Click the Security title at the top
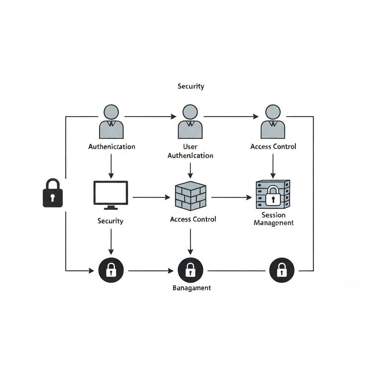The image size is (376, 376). pos(191,86)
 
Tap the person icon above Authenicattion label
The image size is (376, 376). pos(111,122)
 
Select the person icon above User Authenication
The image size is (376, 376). pos(190,122)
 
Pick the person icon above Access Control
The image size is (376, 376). pos(273,122)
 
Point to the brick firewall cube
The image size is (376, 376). pos(190,196)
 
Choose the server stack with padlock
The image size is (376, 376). pos(273,194)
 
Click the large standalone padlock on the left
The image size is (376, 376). pos(53,193)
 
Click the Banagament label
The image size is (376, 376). pos(192,288)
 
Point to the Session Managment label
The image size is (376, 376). pos(274,219)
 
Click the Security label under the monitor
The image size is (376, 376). pos(111,221)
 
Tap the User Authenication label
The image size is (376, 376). pos(190,151)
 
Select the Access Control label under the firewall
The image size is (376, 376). pos(193,219)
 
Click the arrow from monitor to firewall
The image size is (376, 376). pos(151,198)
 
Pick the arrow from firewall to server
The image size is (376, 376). pos(231,198)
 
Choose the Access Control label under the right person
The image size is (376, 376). pos(273,147)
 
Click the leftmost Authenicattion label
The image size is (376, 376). pos(112,147)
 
